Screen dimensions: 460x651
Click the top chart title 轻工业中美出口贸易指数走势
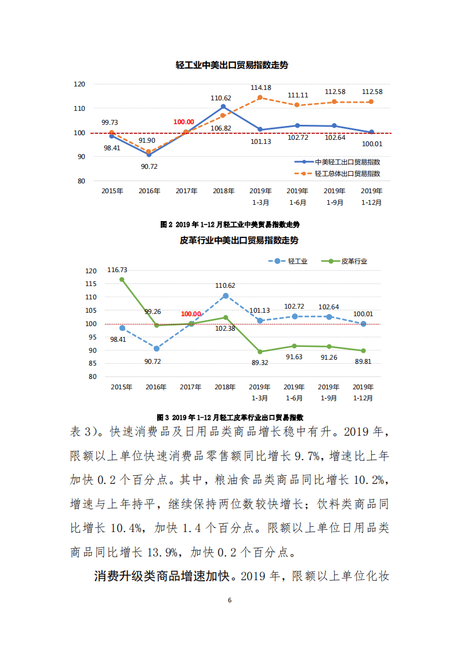[x=231, y=66]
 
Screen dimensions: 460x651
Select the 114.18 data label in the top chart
[x=260, y=88]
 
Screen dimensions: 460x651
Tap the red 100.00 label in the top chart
[x=184, y=122]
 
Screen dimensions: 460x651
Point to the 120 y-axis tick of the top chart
[x=79, y=85]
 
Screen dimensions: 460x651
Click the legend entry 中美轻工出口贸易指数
[x=347, y=162]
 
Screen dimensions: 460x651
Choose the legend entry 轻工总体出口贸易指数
[x=347, y=173]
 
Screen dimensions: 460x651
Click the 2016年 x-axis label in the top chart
[x=149, y=191]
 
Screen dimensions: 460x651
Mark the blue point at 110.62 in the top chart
[x=223, y=107]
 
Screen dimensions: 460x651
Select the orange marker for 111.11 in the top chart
[x=297, y=105]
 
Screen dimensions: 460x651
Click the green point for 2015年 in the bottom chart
[x=122, y=280]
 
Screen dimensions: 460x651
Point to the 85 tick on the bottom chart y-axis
[x=90, y=363]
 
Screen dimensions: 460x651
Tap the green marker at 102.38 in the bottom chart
[x=226, y=317]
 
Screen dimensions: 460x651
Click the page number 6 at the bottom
[x=230, y=600]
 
